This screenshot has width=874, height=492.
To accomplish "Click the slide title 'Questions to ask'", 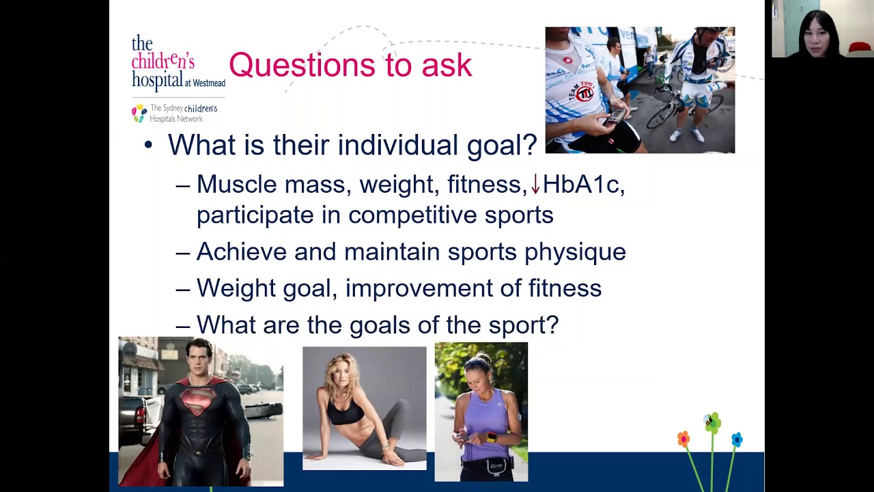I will (x=350, y=65).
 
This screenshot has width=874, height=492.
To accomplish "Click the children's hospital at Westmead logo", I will (x=177, y=63).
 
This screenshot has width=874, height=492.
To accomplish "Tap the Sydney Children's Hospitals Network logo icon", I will (x=139, y=113).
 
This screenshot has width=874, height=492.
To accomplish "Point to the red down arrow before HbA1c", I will (x=535, y=184).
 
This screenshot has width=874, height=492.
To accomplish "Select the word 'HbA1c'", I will (x=582, y=184).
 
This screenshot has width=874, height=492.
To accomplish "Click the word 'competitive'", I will (x=412, y=215).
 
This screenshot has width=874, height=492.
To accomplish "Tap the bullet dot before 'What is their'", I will (x=148, y=146).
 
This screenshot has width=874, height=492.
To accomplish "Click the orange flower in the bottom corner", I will (x=683, y=439).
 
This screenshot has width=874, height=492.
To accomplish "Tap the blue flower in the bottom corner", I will (x=736, y=439).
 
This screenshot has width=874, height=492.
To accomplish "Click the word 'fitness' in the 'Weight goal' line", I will (x=565, y=288).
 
